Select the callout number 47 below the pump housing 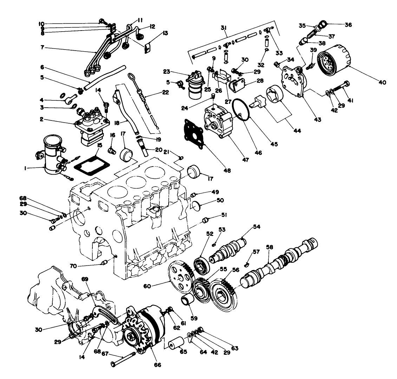pos(245,160)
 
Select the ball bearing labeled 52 pos(201,266)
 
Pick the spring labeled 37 pos(310,35)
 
